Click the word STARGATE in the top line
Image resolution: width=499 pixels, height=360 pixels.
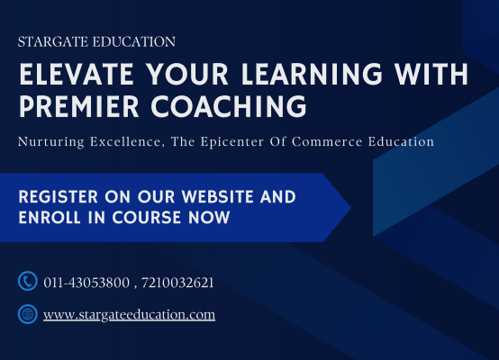53,42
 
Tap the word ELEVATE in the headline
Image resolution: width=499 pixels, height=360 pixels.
77,74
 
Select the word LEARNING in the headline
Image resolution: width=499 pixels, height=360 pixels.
312,74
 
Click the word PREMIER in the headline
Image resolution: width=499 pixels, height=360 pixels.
79,106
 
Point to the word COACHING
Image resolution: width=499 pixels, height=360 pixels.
229,106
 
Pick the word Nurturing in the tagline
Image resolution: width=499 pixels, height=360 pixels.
51,142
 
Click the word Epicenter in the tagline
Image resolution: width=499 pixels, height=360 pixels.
232,142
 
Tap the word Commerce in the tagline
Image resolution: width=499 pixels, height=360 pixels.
327,141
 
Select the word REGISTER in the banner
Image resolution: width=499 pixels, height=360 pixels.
59,196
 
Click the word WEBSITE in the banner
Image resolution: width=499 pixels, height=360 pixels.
218,196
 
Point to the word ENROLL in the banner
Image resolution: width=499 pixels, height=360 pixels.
50,218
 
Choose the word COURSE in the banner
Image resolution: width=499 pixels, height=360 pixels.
147,218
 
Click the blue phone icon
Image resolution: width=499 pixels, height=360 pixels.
28,281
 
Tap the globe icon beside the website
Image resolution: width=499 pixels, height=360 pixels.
28,314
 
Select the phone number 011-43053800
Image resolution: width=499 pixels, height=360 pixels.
86,283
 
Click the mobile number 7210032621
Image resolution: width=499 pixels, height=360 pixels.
177,283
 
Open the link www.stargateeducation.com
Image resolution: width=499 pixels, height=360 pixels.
129,315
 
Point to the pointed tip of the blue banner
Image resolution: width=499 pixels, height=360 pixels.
350,208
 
